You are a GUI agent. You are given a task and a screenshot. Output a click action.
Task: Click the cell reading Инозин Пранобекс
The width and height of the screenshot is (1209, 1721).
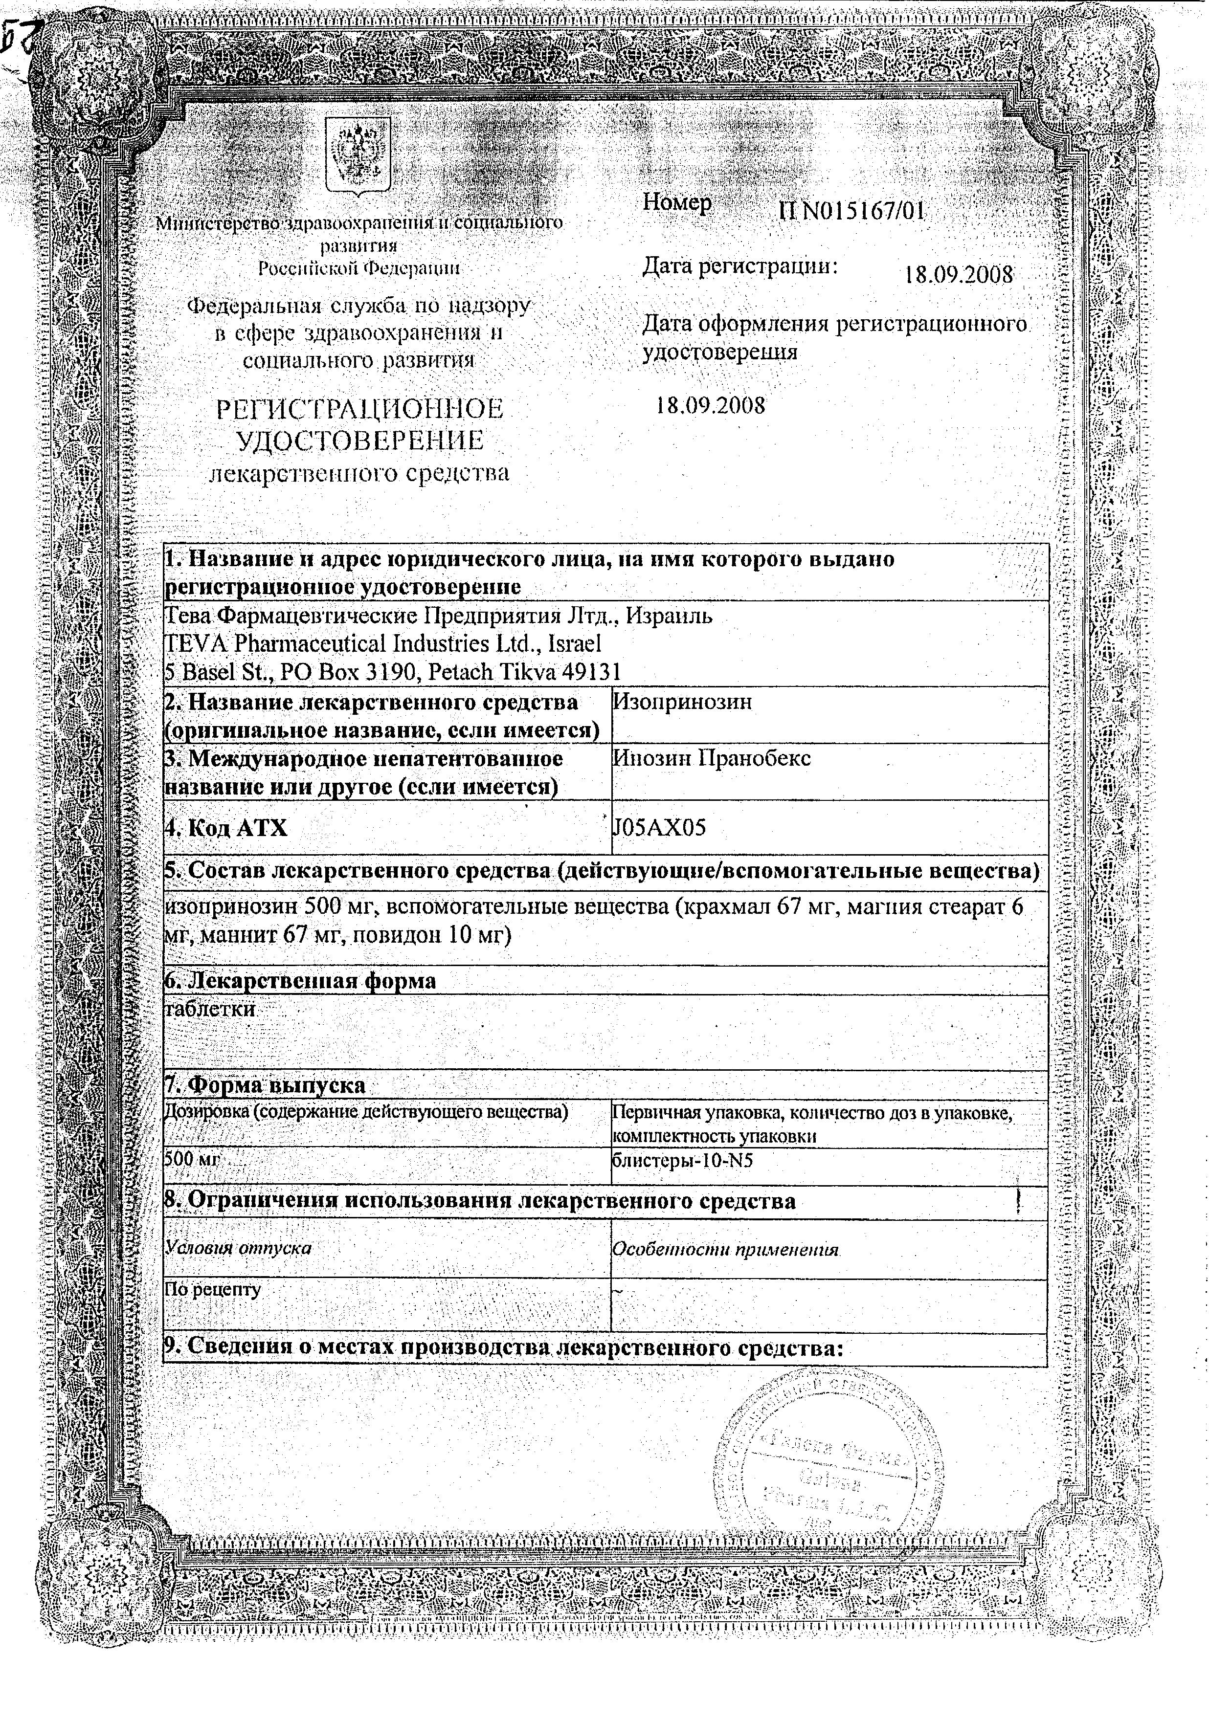[711, 758]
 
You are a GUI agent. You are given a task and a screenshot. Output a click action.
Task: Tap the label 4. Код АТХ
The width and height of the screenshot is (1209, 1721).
[226, 828]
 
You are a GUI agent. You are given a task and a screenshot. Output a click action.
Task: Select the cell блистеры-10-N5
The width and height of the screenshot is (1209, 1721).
[682, 1161]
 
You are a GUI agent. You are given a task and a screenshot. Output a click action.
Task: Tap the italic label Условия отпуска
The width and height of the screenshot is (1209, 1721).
[238, 1248]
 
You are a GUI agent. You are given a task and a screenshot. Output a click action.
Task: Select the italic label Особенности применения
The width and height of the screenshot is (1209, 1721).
[724, 1249]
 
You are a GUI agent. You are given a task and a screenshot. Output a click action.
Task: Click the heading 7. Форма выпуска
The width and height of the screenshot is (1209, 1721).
[265, 1084]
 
